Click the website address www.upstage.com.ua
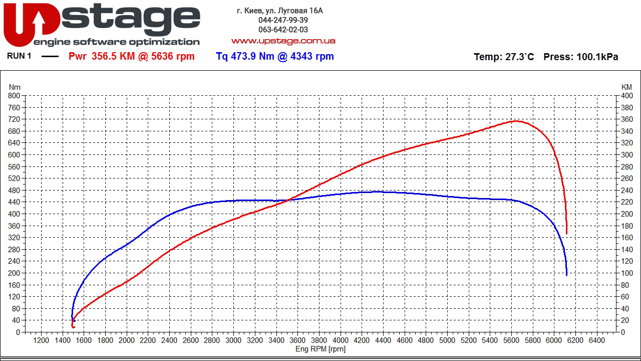click(x=283, y=41)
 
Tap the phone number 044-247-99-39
click(x=283, y=20)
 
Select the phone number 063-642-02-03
click(x=283, y=30)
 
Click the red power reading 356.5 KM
click(x=113, y=57)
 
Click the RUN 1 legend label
click(x=19, y=56)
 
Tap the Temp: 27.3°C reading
click(x=504, y=57)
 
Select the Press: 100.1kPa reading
click(x=580, y=57)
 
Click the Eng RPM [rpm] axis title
click(x=320, y=349)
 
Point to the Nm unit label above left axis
click(x=14, y=87)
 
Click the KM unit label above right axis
click(x=626, y=87)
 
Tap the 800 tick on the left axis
click(x=14, y=96)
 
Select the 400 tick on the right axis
click(x=627, y=96)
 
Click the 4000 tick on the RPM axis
click(x=341, y=341)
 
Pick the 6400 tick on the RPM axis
click(x=596, y=341)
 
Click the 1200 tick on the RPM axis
click(x=41, y=341)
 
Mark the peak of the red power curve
click(x=515, y=121)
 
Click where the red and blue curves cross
click(x=287, y=200)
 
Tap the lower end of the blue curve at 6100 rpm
click(x=566, y=274)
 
